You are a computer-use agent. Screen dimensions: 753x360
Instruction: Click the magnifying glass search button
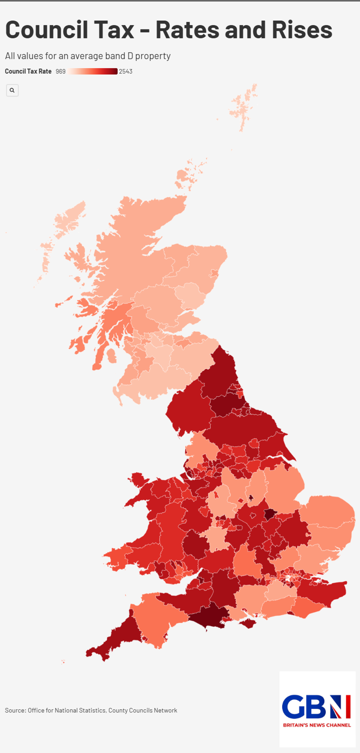click(12, 90)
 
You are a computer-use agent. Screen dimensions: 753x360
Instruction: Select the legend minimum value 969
click(61, 72)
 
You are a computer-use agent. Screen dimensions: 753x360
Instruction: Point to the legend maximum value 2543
click(126, 72)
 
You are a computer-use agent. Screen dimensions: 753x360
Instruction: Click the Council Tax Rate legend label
click(28, 72)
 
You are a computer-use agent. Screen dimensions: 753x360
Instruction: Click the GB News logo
click(317, 706)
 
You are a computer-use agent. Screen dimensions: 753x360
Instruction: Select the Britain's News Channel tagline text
click(317, 725)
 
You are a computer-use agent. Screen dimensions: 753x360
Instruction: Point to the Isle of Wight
click(248, 623)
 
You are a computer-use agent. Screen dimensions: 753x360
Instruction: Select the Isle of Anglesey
click(138, 479)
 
